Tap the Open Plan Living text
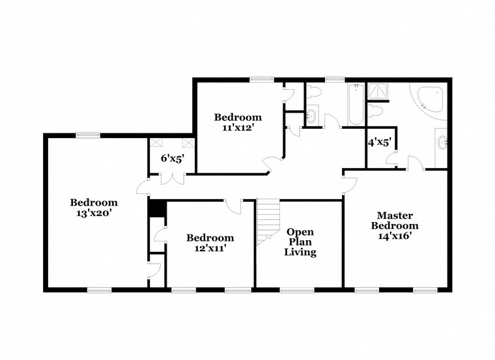tap(300, 242)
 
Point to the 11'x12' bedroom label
tap(238, 122)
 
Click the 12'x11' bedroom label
tap(210, 242)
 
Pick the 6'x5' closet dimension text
tap(172, 158)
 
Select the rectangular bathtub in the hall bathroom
tap(356, 105)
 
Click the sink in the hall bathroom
tap(311, 117)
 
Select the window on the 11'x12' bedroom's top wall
tap(262, 79)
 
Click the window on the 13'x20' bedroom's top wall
tap(87, 135)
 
